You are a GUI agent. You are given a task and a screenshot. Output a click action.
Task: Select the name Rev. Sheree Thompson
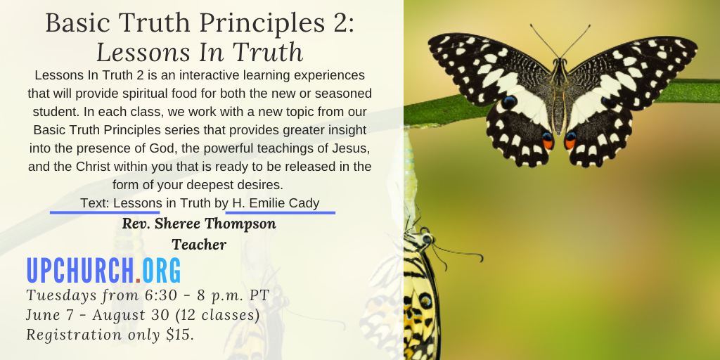click(x=199, y=224)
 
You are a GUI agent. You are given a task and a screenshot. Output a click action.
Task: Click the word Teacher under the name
click(x=199, y=245)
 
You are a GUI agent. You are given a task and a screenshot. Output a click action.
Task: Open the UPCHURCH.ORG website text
click(x=104, y=271)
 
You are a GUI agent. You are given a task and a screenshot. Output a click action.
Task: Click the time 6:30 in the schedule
click(x=161, y=295)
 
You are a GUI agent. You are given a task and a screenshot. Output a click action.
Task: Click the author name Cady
click(x=304, y=203)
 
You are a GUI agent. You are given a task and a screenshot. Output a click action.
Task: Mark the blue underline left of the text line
click(x=105, y=212)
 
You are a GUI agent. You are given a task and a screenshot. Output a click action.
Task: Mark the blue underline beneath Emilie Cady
click(x=280, y=212)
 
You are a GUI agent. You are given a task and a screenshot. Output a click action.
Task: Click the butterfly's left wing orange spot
click(x=547, y=141)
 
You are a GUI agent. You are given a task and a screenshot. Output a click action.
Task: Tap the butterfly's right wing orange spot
click(x=570, y=141)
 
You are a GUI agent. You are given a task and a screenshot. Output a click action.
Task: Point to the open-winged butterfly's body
click(x=559, y=96)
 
